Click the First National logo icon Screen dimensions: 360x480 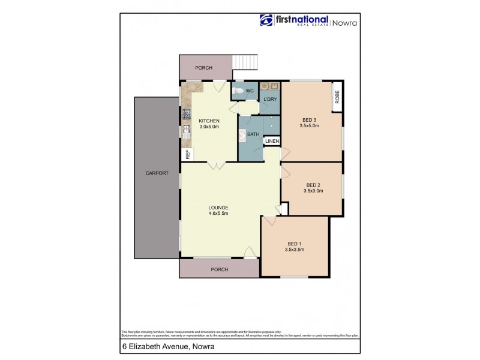(266, 20)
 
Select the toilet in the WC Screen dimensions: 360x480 (239, 91)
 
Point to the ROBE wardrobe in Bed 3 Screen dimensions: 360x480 (337, 97)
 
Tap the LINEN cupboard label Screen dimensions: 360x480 (272, 141)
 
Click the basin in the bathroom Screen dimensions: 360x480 (242, 135)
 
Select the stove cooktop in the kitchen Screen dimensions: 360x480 (185, 113)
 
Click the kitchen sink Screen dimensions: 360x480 (186, 134)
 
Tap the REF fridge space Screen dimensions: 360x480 (187, 154)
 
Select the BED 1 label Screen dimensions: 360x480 (294, 242)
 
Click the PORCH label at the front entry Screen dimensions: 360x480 (219, 269)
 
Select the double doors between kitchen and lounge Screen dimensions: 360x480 (217, 164)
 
